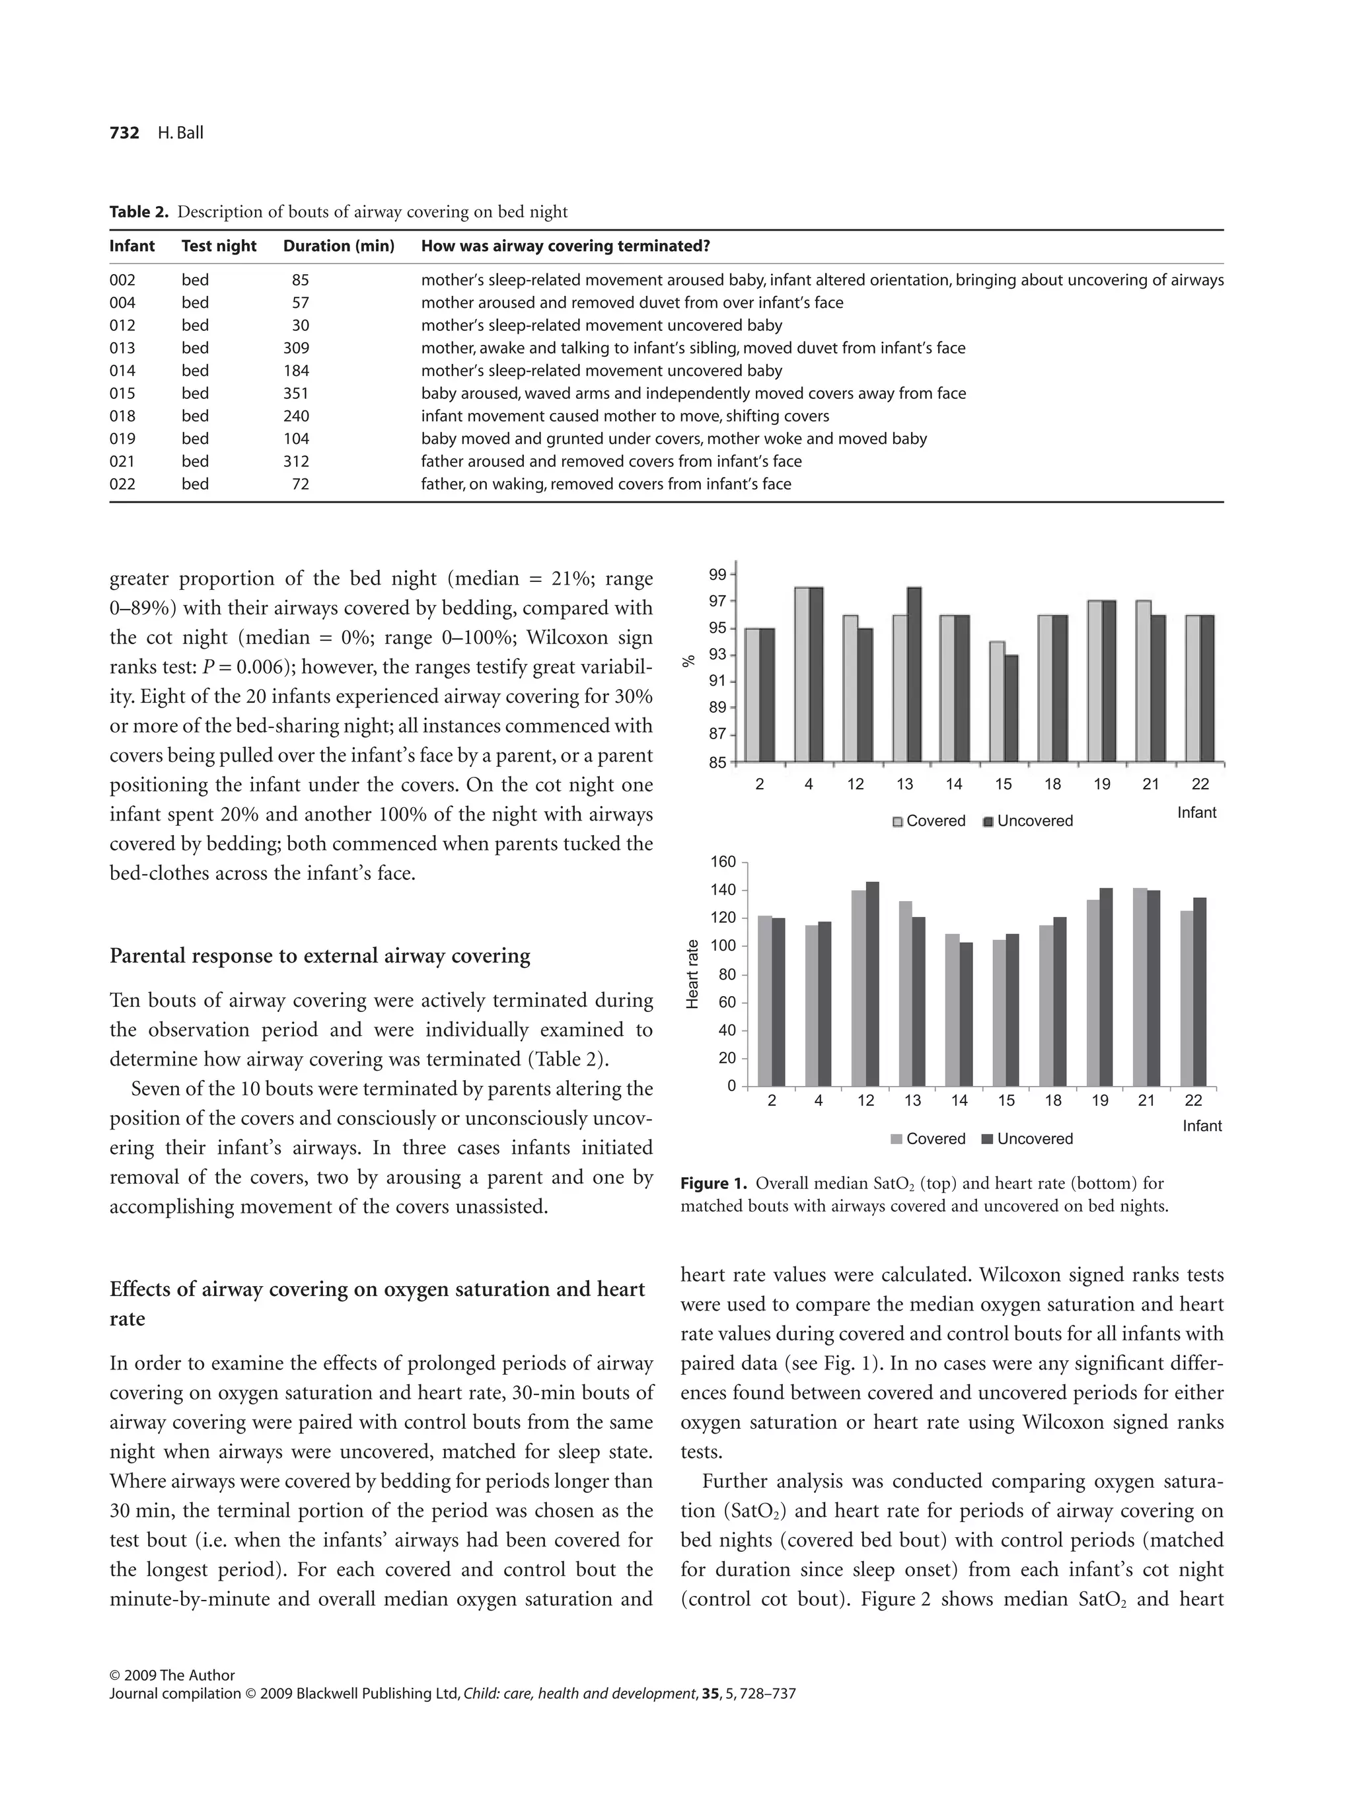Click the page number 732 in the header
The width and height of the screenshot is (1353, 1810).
[124, 133]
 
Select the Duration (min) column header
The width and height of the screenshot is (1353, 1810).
[338, 246]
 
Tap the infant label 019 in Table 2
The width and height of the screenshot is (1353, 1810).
[122, 439]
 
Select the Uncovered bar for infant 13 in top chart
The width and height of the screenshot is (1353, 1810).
[914, 674]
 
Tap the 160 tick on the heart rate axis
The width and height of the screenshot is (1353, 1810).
[727, 861]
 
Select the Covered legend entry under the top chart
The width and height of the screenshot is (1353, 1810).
[929, 820]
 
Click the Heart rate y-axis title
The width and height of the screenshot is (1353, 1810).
[692, 974]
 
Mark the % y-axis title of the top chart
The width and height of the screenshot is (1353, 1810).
[689, 661]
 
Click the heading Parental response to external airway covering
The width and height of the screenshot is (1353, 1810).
[319, 956]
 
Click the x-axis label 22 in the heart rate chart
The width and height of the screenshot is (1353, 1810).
[1193, 1101]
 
